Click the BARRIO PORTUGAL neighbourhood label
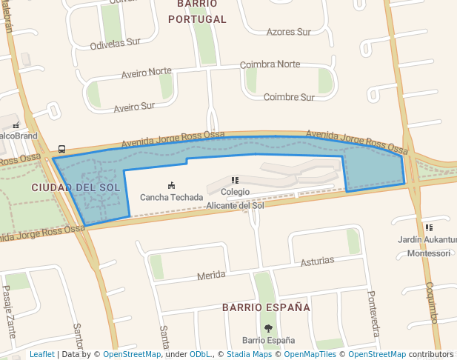[196, 13]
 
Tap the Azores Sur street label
[289, 32]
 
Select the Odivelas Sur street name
[115, 42]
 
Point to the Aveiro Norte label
[146, 72]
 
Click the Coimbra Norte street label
[270, 64]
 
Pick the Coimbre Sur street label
[289, 97]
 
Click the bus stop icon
[61, 149]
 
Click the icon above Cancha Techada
[172, 185]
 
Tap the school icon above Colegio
[235, 180]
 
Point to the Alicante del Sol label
[235, 205]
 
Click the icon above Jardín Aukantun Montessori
[429, 227]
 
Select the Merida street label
[211, 275]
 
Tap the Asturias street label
[317, 261]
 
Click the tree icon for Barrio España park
[268, 328]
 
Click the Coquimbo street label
[432, 302]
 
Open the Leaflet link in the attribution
[41, 354]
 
